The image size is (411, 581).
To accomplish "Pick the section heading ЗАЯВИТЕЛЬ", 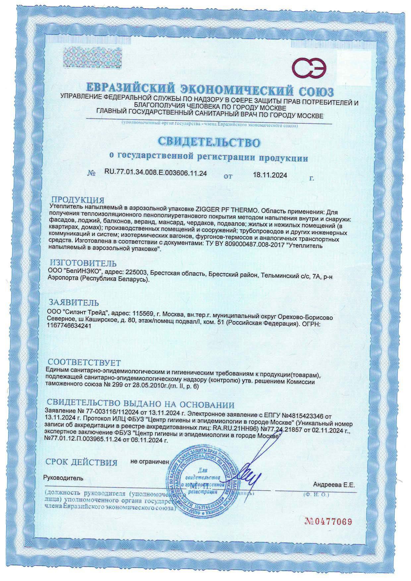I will click(74, 303).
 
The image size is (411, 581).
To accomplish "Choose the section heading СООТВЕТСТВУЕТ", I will click(85, 362).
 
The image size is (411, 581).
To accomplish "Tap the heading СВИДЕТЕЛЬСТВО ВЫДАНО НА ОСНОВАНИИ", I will click(141, 405).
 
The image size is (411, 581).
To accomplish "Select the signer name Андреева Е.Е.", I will click(334, 485).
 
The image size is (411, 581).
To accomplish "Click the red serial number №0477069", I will click(328, 521).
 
